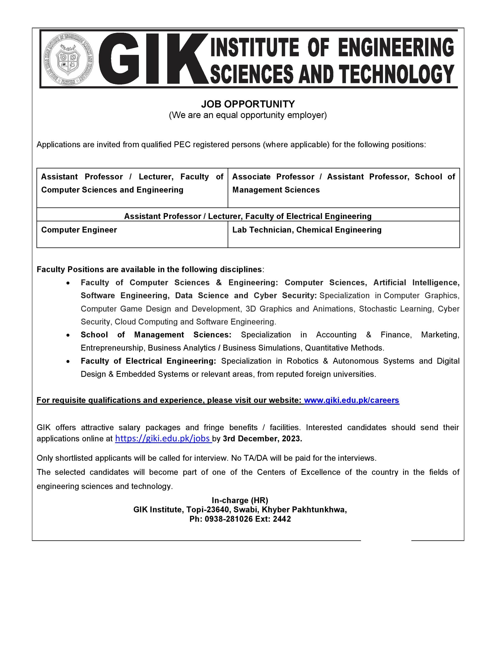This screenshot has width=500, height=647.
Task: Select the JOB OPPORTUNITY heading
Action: point(248,104)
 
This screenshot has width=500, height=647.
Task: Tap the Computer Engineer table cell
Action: point(79,230)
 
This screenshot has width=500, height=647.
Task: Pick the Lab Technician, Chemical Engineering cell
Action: point(307,230)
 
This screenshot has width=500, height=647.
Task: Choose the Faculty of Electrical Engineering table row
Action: point(248,216)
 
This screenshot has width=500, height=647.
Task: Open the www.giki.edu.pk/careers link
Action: point(352,400)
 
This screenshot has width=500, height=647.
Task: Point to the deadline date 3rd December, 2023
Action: point(262,439)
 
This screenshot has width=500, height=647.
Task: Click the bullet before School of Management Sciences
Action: point(69,335)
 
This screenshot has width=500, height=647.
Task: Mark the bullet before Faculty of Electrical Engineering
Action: point(69,361)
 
